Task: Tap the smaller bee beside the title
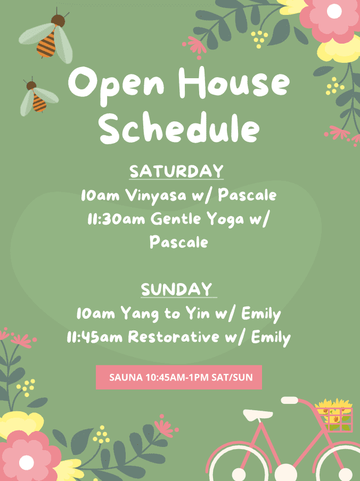coord(38,97)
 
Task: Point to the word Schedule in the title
coord(179,128)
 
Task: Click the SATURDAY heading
coord(176,171)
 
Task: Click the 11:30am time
coord(116,219)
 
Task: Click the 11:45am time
coord(95,337)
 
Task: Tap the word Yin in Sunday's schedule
coord(198,313)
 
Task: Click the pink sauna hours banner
coord(179,377)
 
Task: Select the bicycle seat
coord(258,414)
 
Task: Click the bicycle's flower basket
coord(334,415)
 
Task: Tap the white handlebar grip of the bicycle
coord(290,400)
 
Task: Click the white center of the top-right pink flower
coord(334,12)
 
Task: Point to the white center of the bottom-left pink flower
coord(27,462)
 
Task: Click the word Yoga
coord(225,220)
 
